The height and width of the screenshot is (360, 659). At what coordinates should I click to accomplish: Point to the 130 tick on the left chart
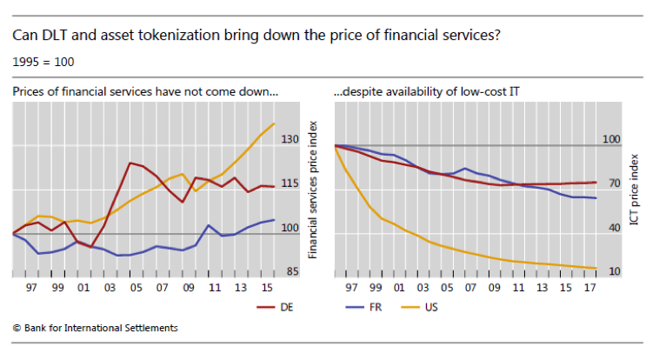290,140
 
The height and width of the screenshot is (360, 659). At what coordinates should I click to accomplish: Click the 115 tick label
290,183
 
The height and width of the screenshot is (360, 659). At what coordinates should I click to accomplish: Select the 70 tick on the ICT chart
614,183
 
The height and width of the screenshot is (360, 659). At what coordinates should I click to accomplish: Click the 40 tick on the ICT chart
614,228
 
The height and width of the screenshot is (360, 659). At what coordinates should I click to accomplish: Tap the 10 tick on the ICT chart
614,272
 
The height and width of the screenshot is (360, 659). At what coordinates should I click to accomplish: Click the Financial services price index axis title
314,187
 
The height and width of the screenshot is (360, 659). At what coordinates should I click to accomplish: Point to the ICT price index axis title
636,187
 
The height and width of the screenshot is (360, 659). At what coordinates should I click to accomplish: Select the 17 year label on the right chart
590,286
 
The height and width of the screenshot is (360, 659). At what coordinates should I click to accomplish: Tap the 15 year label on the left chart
263,286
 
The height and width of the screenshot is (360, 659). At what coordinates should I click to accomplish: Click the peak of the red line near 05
130,163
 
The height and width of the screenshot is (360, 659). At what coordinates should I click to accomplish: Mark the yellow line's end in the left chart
275,123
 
